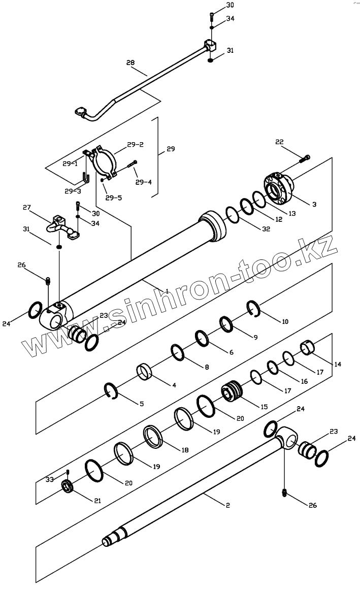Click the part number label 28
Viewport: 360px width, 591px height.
(130, 62)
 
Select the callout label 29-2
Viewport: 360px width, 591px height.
(135, 145)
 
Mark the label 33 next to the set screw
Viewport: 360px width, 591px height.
(50, 479)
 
